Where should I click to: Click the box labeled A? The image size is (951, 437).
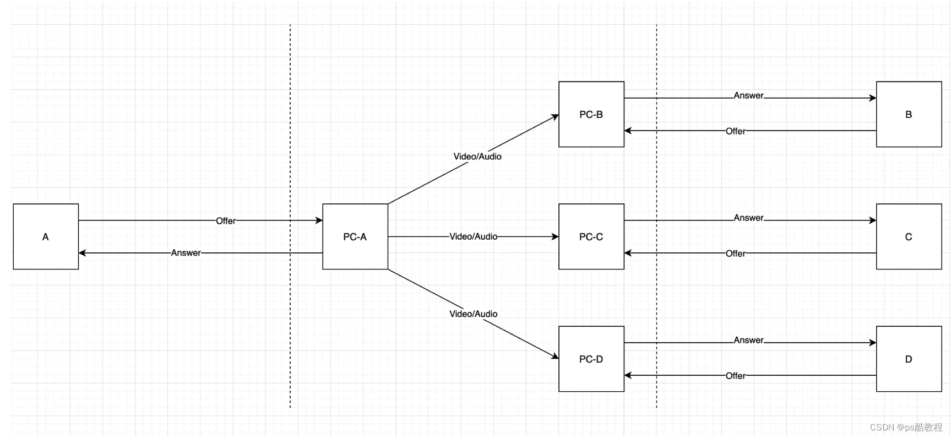pyautogui.click(x=46, y=236)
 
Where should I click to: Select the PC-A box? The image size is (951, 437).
pyautogui.click(x=355, y=236)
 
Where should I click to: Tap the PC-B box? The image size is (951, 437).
pyautogui.click(x=591, y=114)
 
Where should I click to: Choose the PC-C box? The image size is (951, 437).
pyautogui.click(x=591, y=236)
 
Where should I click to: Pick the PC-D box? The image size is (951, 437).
pyautogui.click(x=591, y=359)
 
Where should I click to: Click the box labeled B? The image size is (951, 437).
pyautogui.click(x=909, y=114)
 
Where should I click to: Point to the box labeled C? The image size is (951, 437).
pyautogui.click(x=909, y=236)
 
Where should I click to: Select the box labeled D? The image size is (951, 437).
pyautogui.click(x=909, y=359)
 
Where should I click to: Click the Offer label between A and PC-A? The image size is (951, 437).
pyautogui.click(x=226, y=220)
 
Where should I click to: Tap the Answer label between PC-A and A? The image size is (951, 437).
pyautogui.click(x=186, y=252)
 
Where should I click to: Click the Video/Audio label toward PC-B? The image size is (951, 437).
pyautogui.click(x=477, y=157)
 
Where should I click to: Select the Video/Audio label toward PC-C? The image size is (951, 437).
pyautogui.click(x=474, y=236)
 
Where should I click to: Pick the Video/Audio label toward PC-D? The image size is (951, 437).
pyautogui.click(x=474, y=314)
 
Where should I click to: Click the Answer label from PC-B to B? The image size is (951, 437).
pyautogui.click(x=749, y=95)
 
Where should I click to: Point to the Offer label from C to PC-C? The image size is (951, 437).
pyautogui.click(x=736, y=253)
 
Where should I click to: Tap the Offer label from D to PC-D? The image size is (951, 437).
pyautogui.click(x=736, y=376)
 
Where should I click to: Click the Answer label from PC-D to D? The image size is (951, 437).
pyautogui.click(x=749, y=340)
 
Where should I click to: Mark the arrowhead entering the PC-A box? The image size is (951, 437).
pyautogui.click(x=319, y=220)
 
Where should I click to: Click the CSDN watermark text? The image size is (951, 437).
pyautogui.click(x=906, y=427)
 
